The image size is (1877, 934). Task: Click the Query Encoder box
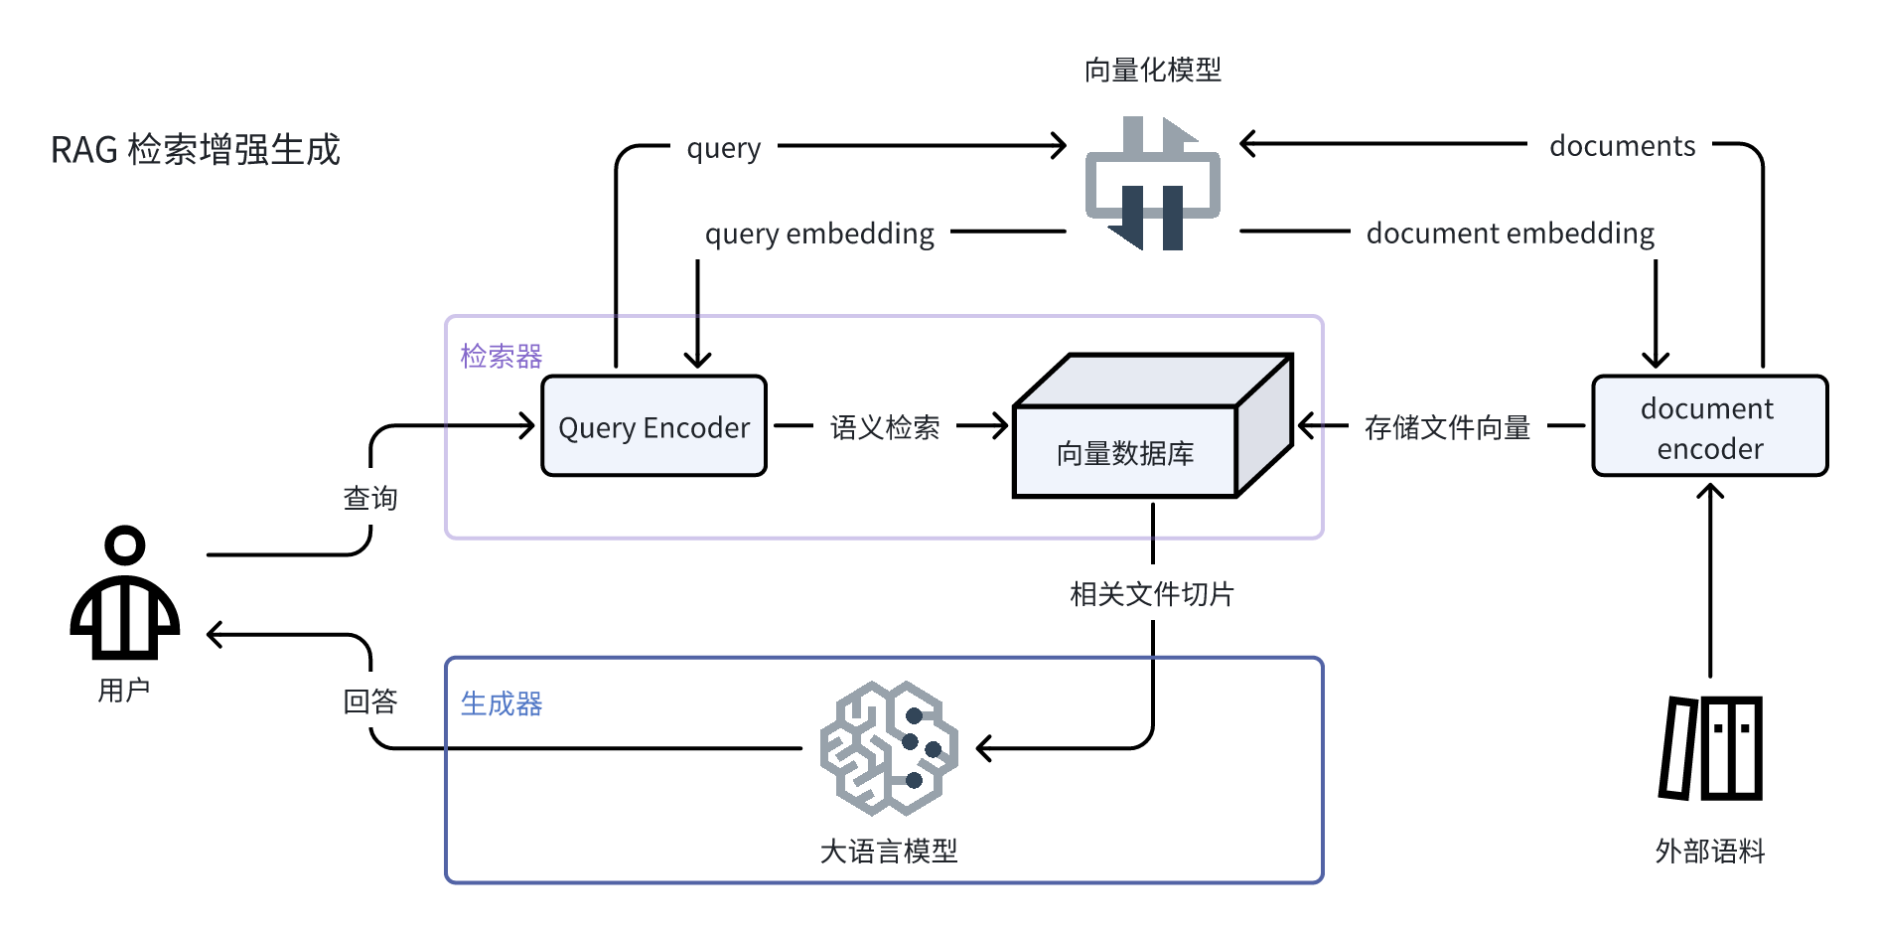click(653, 426)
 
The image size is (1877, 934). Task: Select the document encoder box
click(1709, 426)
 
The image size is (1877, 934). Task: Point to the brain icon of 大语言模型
click(889, 748)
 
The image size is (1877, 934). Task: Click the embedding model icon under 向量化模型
click(1152, 184)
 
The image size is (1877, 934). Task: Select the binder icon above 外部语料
click(1710, 748)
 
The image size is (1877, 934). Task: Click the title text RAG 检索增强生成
click(196, 150)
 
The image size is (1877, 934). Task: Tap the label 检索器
click(501, 356)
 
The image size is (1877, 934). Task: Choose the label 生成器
click(501, 703)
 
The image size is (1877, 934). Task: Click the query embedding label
click(819, 233)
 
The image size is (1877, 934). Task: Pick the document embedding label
click(1510, 233)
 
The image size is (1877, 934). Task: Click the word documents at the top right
click(1622, 146)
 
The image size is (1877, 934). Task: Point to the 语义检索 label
click(885, 427)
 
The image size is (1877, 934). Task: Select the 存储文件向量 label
click(1447, 427)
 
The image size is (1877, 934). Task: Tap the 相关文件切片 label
click(1152, 594)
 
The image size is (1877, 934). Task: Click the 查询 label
click(370, 498)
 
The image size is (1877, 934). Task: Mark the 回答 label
click(370, 701)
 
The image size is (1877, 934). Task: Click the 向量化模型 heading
click(1152, 70)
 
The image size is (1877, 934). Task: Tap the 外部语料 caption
click(1709, 851)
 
